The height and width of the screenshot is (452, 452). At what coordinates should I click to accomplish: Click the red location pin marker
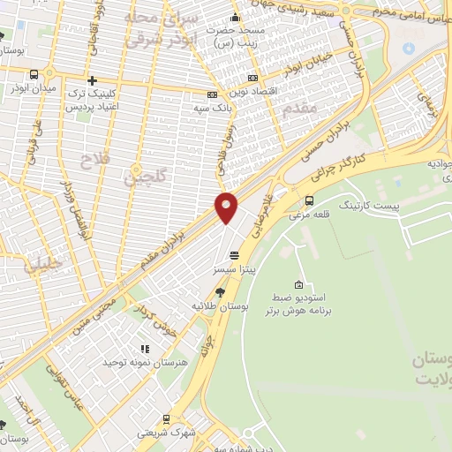[x=227, y=207]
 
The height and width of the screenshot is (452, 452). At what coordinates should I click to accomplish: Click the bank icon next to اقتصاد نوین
[x=253, y=79]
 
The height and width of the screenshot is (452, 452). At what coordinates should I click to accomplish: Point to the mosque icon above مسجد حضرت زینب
[x=234, y=17]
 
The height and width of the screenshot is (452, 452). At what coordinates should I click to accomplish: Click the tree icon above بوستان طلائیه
[x=220, y=292]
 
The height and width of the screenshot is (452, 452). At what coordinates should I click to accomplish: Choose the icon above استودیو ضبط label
[x=298, y=284]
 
